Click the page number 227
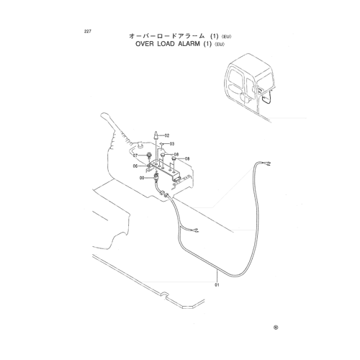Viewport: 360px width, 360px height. click(x=88, y=32)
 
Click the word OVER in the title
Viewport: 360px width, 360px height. click(x=144, y=44)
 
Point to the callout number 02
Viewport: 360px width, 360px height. click(x=167, y=135)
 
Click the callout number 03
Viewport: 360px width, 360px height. click(x=172, y=144)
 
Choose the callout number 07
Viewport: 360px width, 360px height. click(x=135, y=156)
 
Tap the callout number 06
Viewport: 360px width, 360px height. click(x=135, y=166)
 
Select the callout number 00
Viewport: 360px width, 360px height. click(x=142, y=178)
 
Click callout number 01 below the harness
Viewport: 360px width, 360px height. click(x=217, y=285)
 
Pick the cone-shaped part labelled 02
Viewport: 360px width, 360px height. click(x=156, y=135)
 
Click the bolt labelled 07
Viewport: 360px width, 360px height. click(x=149, y=156)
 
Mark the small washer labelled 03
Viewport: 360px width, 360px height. click(x=162, y=144)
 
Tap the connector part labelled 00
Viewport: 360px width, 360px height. click(x=156, y=178)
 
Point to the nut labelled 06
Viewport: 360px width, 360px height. click(x=148, y=166)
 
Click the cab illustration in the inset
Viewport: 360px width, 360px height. click(x=250, y=84)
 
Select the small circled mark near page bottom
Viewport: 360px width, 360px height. click(x=276, y=328)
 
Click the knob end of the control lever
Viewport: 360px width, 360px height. click(x=104, y=115)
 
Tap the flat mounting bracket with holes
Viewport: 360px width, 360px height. click(x=164, y=170)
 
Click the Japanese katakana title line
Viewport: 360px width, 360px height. click(x=180, y=36)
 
